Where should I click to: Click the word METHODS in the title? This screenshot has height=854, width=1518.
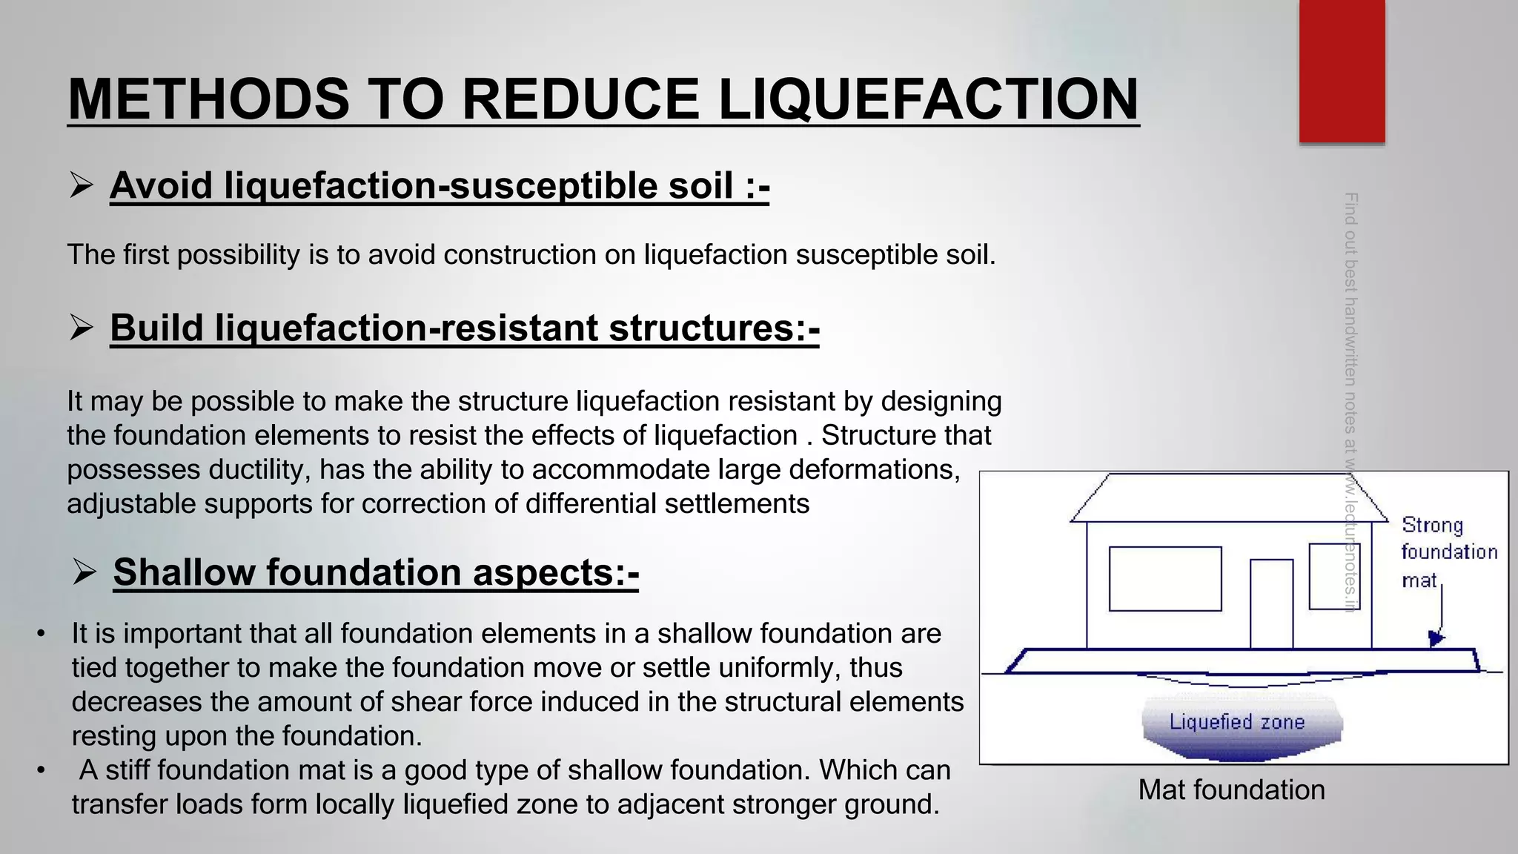(208, 99)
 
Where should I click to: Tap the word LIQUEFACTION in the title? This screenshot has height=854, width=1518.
(928, 99)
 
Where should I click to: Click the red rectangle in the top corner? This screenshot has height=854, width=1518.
(1342, 70)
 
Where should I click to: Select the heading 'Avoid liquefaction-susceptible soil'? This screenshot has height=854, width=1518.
(440, 185)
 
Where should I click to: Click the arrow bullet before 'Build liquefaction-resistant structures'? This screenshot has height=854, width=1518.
(81, 327)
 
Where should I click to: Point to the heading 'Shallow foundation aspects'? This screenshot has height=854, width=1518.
(376, 572)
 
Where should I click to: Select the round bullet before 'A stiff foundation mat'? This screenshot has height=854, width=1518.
(41, 770)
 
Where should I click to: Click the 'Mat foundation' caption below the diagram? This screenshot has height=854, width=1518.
(1231, 790)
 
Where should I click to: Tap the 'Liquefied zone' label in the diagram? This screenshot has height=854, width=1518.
(1236, 722)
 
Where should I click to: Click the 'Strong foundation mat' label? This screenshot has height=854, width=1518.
(1448, 552)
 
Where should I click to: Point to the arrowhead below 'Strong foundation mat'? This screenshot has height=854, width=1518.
(1436, 638)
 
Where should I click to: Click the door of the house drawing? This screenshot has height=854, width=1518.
(1271, 603)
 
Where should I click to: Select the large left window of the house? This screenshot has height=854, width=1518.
(1165, 579)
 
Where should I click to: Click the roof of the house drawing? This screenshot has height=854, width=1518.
(1229, 497)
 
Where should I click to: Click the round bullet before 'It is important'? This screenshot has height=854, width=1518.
(41, 634)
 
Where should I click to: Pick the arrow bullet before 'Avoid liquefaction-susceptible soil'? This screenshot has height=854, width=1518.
(81, 185)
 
